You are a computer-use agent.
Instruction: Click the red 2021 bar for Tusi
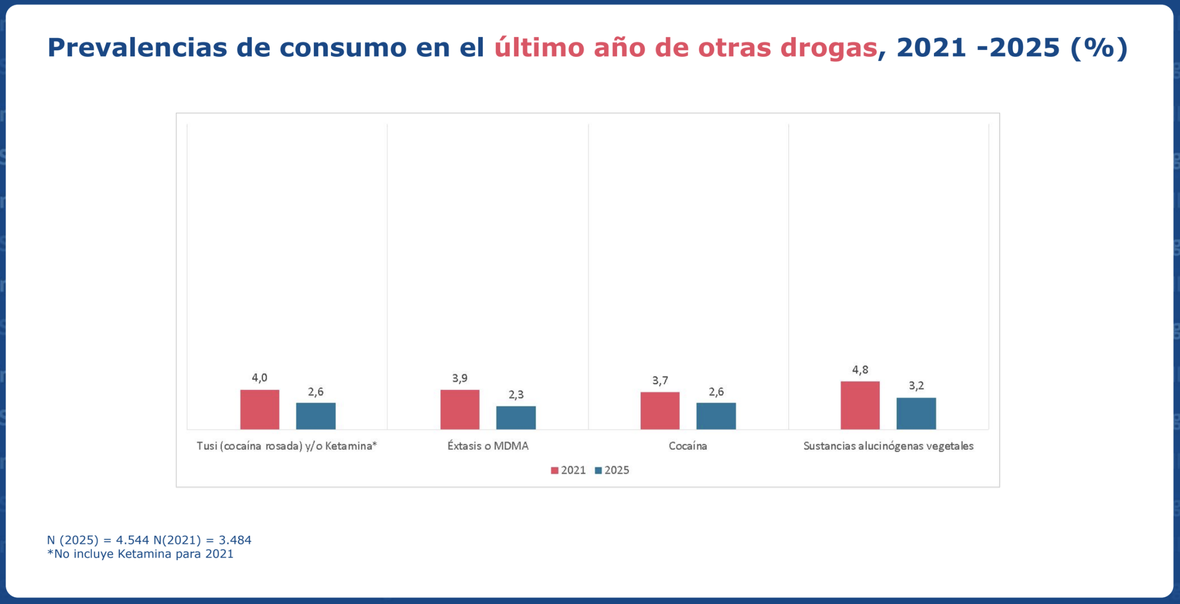coord(260,409)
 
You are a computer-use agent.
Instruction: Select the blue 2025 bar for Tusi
coord(316,416)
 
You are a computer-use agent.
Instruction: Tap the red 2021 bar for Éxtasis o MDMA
coord(460,409)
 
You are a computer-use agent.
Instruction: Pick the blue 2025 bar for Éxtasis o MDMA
coord(516,418)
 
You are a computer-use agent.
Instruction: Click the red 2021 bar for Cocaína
coord(660,411)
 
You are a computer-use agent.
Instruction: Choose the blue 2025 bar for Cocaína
coord(716,416)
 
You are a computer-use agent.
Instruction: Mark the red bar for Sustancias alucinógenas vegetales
coord(860,405)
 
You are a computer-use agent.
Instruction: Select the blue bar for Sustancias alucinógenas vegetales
coord(916,414)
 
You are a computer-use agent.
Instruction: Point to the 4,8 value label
coord(860,370)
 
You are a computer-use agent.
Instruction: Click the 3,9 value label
coord(460,379)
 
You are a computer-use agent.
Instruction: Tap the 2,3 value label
coord(516,395)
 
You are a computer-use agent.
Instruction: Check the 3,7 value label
coord(660,381)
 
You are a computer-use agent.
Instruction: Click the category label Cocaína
coord(688,446)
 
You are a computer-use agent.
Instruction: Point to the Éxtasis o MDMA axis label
coord(488,446)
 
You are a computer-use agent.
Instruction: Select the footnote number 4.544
coord(132,540)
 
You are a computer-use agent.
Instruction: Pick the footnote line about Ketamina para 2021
coord(140,554)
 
